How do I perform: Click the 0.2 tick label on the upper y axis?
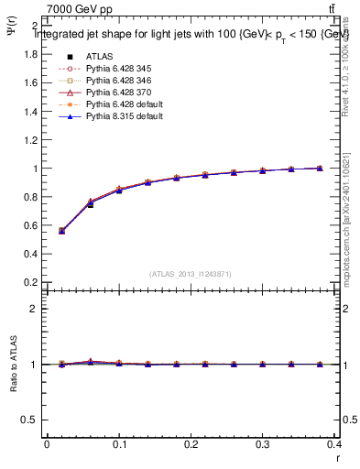29,282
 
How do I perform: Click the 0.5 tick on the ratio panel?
29,420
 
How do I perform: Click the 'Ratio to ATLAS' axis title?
12,364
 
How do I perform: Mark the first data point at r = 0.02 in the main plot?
61,231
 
